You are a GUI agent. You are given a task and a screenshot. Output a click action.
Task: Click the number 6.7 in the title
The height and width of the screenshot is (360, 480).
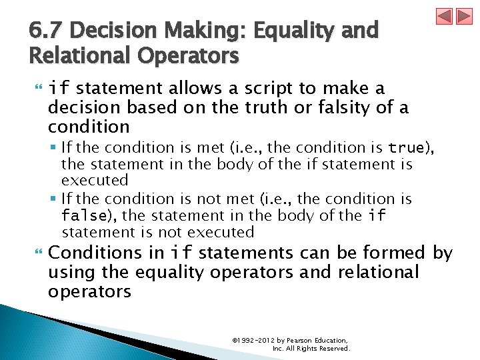click(x=47, y=31)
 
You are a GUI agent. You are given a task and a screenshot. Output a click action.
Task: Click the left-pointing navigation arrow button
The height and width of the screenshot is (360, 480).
click(x=444, y=16)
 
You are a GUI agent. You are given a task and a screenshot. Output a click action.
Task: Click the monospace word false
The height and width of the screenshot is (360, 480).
click(x=83, y=216)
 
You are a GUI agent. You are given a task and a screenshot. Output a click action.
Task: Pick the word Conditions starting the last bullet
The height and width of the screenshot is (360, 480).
click(x=95, y=253)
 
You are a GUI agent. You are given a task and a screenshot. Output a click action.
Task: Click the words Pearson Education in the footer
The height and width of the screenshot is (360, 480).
click(x=317, y=341)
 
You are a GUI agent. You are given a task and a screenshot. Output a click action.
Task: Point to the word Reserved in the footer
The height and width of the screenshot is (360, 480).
click(x=333, y=349)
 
